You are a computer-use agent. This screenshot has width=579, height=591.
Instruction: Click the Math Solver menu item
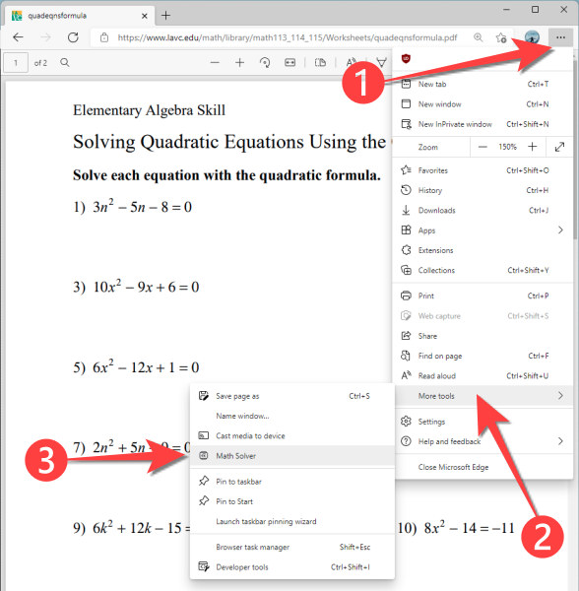click(x=236, y=456)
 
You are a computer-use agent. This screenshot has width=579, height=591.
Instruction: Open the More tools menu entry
click(x=440, y=396)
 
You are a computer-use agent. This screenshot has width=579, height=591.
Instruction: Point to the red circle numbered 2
click(x=543, y=537)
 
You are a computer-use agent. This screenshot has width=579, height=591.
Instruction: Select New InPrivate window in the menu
click(x=455, y=124)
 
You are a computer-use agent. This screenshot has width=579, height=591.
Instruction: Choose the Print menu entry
click(x=426, y=295)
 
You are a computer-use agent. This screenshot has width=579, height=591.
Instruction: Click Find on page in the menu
click(x=440, y=356)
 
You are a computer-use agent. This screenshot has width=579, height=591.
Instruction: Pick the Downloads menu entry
click(x=436, y=210)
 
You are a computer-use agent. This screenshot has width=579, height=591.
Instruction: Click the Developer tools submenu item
click(x=241, y=566)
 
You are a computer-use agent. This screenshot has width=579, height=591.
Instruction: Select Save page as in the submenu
click(x=237, y=396)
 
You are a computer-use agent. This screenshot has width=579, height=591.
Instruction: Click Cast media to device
click(x=250, y=435)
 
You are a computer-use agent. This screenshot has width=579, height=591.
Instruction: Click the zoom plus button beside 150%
click(x=532, y=147)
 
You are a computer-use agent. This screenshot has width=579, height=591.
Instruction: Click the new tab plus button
click(x=165, y=15)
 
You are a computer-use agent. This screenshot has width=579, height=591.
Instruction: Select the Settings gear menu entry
click(x=431, y=422)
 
